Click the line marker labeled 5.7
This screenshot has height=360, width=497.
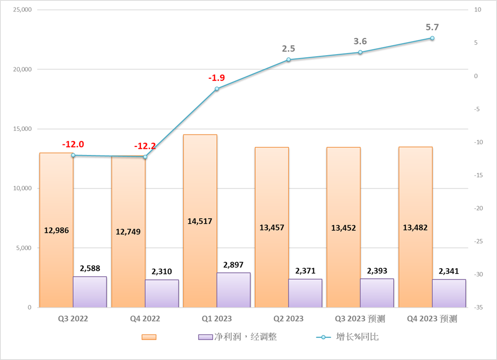[432, 38]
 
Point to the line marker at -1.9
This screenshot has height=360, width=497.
[217, 89]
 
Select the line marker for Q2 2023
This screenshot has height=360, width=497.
[288, 60]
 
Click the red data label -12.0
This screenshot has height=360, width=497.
[73, 144]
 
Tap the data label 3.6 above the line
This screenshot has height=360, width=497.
[360, 41]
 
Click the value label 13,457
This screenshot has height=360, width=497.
[272, 227]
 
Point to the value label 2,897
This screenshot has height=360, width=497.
[233, 264]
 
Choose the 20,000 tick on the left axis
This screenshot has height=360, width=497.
[22, 69]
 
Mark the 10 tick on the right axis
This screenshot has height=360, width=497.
[477, 10]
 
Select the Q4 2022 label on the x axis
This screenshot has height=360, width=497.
[145, 319]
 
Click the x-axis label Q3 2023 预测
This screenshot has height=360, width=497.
[360, 319]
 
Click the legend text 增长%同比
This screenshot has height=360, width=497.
[357, 337]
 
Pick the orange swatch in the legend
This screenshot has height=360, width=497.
[149, 337]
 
